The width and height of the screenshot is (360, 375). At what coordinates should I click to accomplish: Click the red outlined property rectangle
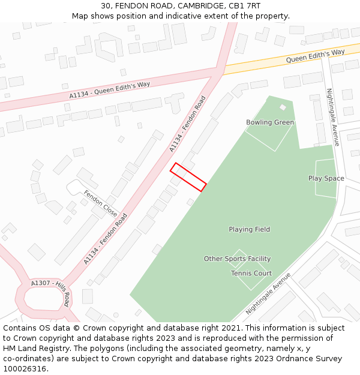coord(188,177)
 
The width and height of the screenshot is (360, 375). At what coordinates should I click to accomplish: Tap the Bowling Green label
coord(270,122)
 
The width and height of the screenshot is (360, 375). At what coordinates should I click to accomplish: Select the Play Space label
coord(326,178)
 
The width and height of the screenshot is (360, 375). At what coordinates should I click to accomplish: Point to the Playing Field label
coord(249,229)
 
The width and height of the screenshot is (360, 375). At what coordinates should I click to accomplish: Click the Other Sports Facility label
coord(237,259)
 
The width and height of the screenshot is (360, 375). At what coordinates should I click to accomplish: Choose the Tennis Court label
coord(251,273)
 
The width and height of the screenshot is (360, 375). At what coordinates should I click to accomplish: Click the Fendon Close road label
coord(101,203)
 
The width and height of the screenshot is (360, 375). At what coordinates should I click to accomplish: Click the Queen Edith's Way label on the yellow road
coord(315,56)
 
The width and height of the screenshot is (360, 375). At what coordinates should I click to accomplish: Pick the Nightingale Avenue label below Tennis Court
coord(268,293)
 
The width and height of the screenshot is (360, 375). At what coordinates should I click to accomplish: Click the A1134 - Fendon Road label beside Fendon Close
coord(106,239)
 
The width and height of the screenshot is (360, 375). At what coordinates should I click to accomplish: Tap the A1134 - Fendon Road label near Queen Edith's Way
coord(187,124)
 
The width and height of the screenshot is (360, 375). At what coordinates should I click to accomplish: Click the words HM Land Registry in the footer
coord(32,349)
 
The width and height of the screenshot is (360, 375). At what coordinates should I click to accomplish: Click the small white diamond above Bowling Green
coord(283,107)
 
